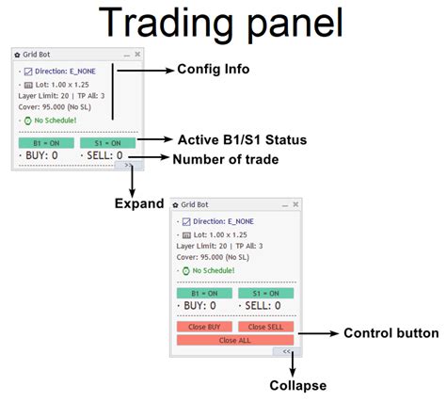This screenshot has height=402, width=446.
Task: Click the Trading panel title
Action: [x=222, y=23]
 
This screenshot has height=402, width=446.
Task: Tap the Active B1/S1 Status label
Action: [x=242, y=140]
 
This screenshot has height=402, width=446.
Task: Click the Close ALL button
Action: [x=235, y=339]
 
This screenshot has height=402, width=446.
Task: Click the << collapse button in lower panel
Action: [x=283, y=350]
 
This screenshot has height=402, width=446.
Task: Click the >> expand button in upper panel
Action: [x=126, y=163]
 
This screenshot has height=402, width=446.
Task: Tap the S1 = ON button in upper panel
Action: [x=106, y=142]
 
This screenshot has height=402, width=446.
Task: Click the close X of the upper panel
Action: [x=137, y=55]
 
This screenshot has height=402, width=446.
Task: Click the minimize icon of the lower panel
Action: [x=283, y=204]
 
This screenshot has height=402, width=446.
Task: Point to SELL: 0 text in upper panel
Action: [x=104, y=154]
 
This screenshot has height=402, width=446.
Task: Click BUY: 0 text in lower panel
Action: [x=199, y=305]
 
